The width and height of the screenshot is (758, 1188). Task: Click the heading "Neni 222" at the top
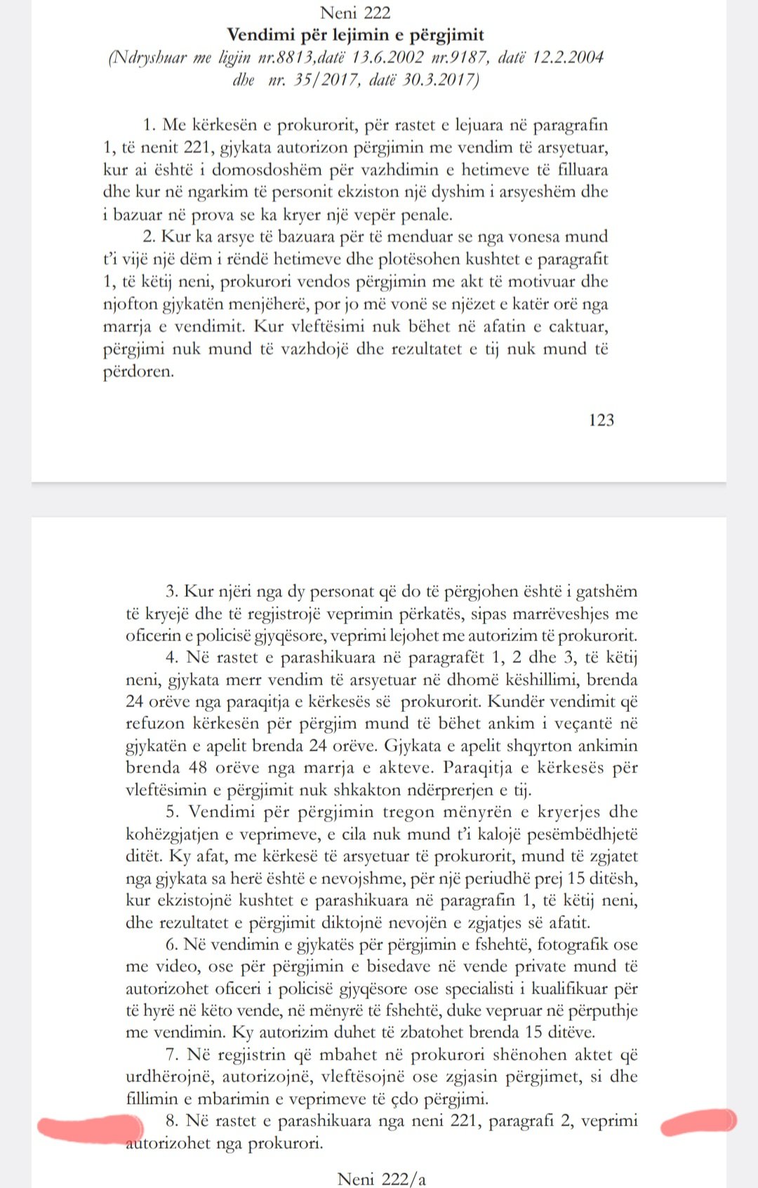coord(355,13)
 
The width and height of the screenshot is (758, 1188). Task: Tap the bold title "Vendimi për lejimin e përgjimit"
coord(355,34)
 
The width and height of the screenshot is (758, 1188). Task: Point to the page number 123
coord(601,420)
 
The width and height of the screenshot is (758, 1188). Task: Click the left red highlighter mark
coord(90,1129)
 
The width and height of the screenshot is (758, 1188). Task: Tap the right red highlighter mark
coord(698,1121)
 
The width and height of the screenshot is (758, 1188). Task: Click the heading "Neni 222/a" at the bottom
coord(381,1179)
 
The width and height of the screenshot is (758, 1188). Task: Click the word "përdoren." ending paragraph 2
coord(138,371)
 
